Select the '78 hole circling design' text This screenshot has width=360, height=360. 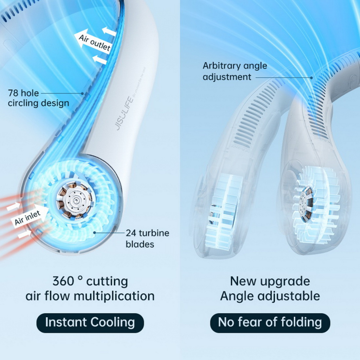pyautogui.click(x=38, y=98)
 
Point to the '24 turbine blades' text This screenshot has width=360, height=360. pyautogui.click(x=147, y=238)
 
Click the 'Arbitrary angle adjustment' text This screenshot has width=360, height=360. pyautogui.click(x=234, y=71)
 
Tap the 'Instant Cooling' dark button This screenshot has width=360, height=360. pyautogui.click(x=90, y=322)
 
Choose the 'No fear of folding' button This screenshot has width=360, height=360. pyautogui.click(x=270, y=322)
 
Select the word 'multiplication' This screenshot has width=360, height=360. pyautogui.click(x=114, y=296)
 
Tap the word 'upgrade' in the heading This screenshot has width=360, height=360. pyautogui.click(x=285, y=281)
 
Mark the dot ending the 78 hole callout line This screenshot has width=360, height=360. pyautogui.click(x=83, y=94)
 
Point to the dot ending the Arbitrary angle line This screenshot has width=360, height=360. pyautogui.click(x=311, y=77)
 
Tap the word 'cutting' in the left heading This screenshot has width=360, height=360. pyautogui.click(x=107, y=281)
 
